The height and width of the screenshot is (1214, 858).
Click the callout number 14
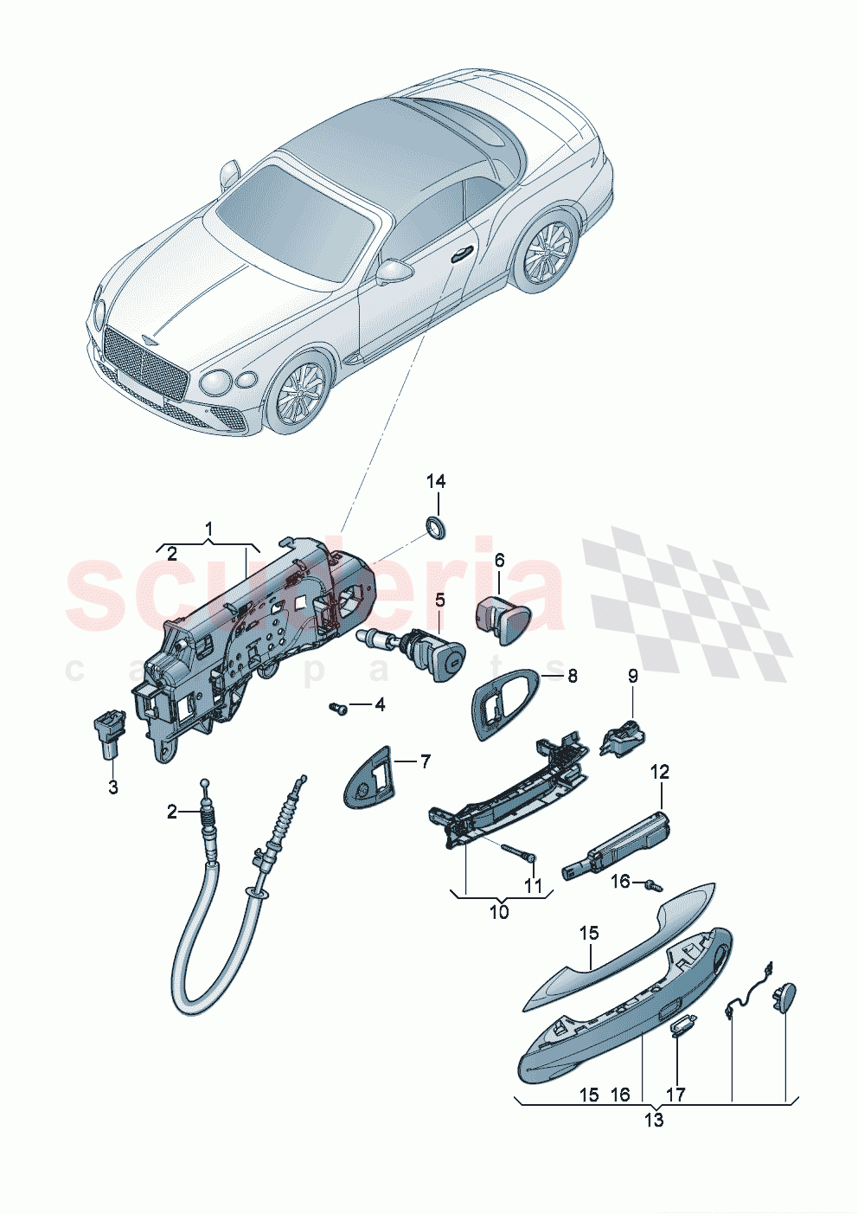coord(436,482)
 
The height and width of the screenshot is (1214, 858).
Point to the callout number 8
coord(572,676)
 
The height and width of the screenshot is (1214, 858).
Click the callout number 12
coord(660,771)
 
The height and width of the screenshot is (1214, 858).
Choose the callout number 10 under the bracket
coord(499,912)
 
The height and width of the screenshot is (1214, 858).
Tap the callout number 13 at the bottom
coord(654,1121)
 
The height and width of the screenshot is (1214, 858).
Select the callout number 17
coord(676,1095)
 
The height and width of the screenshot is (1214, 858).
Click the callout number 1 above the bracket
coord(208,528)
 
